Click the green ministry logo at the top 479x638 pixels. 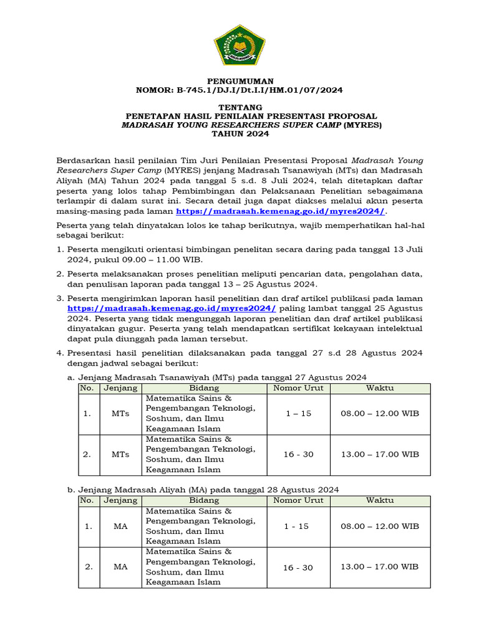click(x=239, y=44)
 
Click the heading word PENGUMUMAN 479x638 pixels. click(x=239, y=81)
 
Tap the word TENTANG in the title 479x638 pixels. click(x=239, y=108)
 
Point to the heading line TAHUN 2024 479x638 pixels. click(x=239, y=134)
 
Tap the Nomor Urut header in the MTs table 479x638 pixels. click(x=298, y=388)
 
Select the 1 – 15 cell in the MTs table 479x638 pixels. click(x=298, y=414)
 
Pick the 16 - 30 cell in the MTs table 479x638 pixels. click(x=298, y=454)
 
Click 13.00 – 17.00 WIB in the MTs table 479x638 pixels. click(x=380, y=454)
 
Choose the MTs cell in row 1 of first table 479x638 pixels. click(x=120, y=414)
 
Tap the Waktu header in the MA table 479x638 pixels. click(x=380, y=500)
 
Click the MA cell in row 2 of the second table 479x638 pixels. click(x=120, y=567)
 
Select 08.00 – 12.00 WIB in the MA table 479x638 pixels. click(x=380, y=526)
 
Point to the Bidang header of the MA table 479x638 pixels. click(x=205, y=500)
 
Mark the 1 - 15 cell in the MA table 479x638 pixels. click(x=296, y=526)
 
